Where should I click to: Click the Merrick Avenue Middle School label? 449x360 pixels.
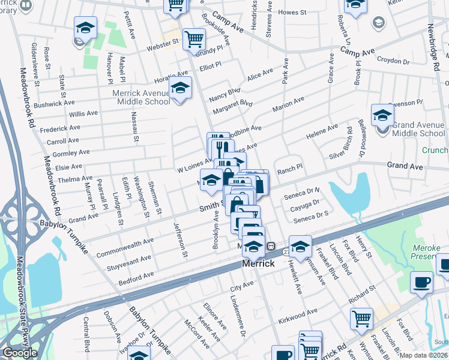click(x=141, y=97)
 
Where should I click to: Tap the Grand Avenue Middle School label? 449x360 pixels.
click(x=419, y=129)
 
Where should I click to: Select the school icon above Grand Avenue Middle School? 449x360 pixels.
click(x=382, y=115)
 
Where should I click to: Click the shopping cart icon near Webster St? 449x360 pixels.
click(x=194, y=40)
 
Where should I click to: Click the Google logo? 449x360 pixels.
click(x=20, y=353)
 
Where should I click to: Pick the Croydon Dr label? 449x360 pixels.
click(x=393, y=60)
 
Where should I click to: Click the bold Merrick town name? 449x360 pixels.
click(x=259, y=263)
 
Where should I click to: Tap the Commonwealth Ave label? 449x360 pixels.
click(x=125, y=245)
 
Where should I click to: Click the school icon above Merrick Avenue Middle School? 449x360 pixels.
click(x=179, y=88)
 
